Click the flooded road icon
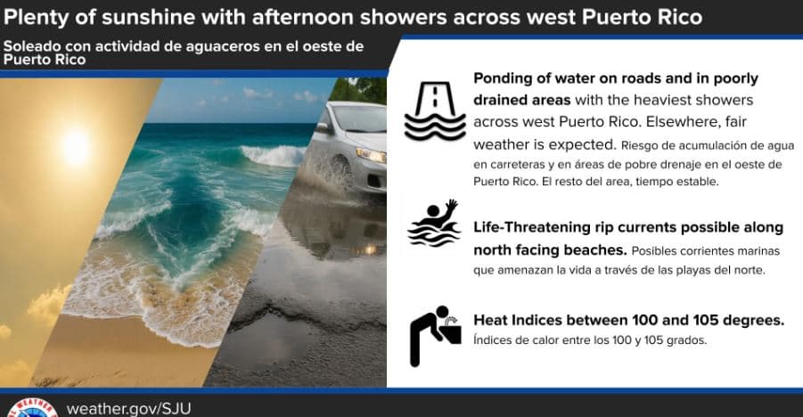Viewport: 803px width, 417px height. coord(435,111)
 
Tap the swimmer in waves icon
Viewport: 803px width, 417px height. coord(434,224)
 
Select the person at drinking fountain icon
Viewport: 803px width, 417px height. coord(434,336)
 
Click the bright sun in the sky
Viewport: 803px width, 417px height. coord(75,148)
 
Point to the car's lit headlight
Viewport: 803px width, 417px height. coord(372,155)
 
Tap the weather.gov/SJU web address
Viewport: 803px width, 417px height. coord(128,409)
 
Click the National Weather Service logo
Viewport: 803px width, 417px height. coord(32,408)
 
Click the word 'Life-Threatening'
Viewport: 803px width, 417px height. coord(532,227)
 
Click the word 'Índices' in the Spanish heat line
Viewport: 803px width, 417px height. coord(490,339)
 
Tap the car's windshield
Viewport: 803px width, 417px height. coord(358,119)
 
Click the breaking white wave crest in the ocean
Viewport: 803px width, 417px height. coord(273,155)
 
